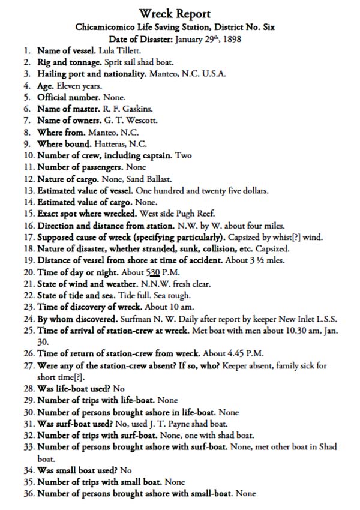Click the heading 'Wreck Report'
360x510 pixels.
[175, 13]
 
